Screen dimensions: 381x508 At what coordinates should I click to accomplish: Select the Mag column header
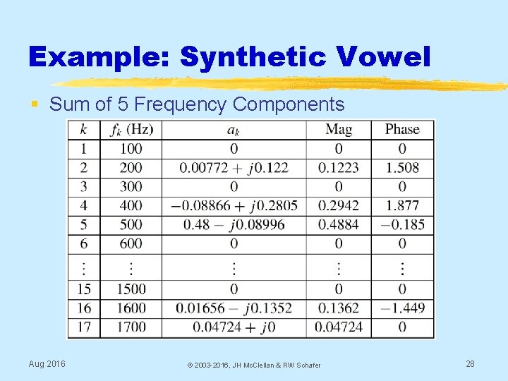click(x=338, y=129)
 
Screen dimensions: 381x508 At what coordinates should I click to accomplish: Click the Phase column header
click(x=402, y=129)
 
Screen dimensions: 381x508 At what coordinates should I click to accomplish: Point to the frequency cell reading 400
click(x=131, y=205)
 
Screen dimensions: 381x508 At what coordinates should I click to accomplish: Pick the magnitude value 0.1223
click(x=338, y=168)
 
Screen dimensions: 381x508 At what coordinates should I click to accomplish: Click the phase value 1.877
click(x=402, y=205)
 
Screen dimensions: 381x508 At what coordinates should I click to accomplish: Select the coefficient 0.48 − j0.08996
click(x=234, y=224)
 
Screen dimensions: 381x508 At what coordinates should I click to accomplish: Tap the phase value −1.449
click(x=401, y=308)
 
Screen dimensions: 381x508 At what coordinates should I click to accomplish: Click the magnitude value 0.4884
click(x=338, y=224)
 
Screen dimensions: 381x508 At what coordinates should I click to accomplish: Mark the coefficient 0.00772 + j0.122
click(x=234, y=168)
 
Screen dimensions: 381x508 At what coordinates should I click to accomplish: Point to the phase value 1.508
click(x=402, y=168)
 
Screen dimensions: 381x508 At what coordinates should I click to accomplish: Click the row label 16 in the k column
click(x=84, y=308)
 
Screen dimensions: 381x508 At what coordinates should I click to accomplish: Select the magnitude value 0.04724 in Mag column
click(x=338, y=327)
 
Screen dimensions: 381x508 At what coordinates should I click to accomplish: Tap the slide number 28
click(x=470, y=363)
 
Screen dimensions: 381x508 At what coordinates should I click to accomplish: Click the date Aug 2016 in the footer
click(x=47, y=363)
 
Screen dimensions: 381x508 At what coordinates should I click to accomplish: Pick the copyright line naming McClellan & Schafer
click(x=253, y=365)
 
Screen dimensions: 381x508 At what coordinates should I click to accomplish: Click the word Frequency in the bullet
click(x=180, y=105)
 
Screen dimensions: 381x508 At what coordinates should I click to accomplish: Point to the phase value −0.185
click(x=401, y=224)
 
